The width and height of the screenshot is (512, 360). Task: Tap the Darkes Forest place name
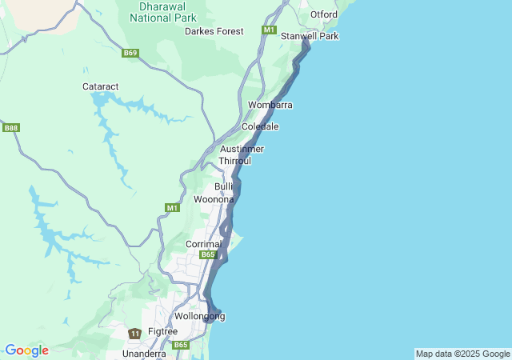pos(214,31)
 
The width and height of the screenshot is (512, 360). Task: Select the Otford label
pos(323,14)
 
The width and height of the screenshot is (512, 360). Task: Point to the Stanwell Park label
pos(310,36)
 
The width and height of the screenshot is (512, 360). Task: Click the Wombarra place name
pos(270,105)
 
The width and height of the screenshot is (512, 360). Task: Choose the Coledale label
pos(260,126)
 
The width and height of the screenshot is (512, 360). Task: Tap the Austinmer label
pos(242,149)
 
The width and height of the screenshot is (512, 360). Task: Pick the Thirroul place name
pos(235,161)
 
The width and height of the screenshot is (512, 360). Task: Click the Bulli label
pos(223,186)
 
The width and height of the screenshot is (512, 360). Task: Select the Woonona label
pos(214,199)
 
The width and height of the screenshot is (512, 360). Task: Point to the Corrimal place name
pos(202,244)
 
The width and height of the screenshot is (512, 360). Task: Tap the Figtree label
pos(162,332)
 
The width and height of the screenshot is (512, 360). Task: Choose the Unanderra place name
pos(144,353)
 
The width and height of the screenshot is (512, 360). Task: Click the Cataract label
pos(101,86)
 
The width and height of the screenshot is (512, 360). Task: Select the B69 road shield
pos(130,54)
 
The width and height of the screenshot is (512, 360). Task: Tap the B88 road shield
pos(10,128)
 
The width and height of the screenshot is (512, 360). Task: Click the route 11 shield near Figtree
pos(135,333)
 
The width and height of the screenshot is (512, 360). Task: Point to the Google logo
pos(26,350)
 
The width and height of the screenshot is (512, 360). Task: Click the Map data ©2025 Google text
pos(462,354)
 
